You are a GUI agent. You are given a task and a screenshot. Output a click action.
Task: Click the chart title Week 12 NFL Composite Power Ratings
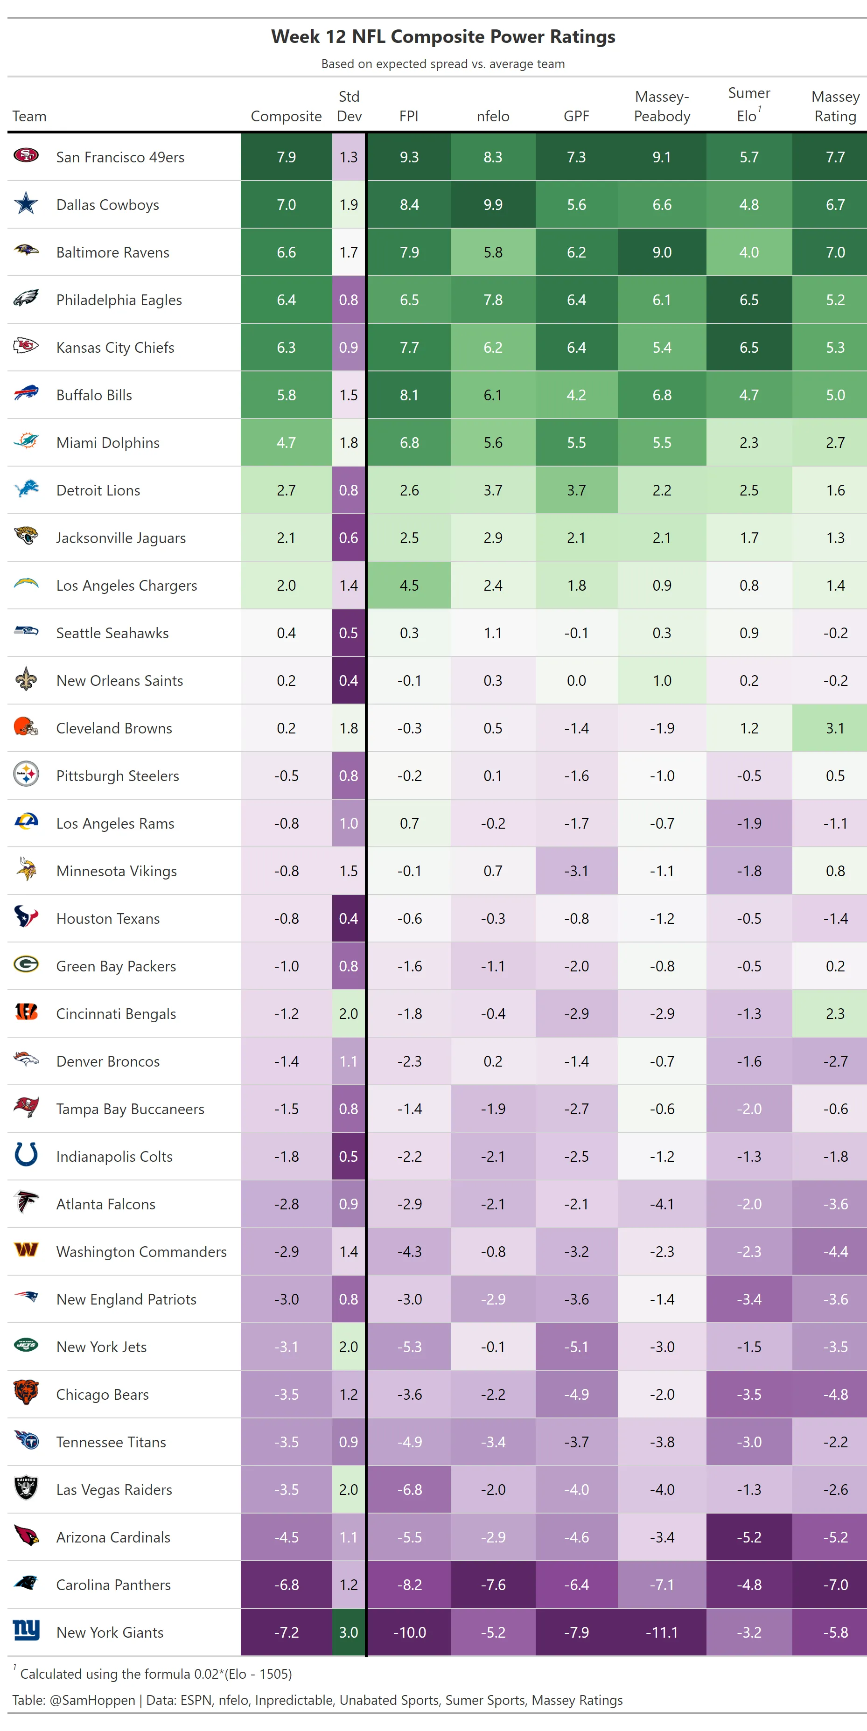point(443,37)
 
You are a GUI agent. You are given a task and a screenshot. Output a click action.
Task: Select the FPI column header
point(409,116)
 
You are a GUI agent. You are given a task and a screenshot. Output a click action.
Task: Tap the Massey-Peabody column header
point(662,107)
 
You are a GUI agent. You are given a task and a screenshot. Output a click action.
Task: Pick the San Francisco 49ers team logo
point(26,156)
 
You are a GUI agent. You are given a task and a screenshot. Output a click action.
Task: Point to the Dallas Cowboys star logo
point(26,203)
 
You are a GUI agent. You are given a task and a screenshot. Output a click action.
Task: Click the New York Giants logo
point(26,1631)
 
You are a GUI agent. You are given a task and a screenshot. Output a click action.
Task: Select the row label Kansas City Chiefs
point(115,348)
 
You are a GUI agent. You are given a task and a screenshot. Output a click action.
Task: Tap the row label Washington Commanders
point(141,1252)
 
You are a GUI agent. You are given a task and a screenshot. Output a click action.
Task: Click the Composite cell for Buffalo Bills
point(287,395)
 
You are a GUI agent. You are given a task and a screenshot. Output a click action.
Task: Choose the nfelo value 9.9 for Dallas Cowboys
point(493,205)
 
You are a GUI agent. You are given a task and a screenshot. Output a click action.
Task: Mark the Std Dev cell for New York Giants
point(348,1632)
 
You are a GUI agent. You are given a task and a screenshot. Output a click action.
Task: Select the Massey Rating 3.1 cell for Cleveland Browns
point(835,728)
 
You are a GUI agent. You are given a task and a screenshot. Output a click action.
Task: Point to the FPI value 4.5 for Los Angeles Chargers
point(409,585)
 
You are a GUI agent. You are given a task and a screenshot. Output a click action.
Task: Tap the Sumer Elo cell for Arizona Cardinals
point(749,1537)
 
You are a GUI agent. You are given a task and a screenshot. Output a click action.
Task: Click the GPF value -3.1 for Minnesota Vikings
point(576,871)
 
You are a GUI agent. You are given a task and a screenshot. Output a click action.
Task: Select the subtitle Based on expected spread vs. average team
point(443,64)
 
